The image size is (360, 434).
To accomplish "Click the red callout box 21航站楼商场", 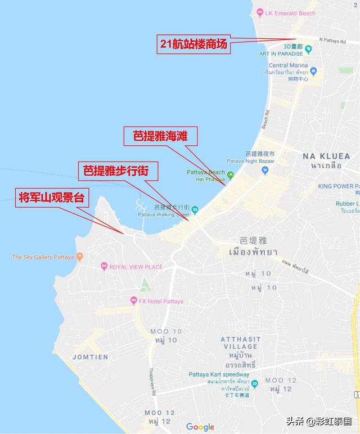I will point(193,44).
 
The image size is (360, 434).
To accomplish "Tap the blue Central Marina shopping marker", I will point(313,71).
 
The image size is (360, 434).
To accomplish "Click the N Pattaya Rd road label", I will point(339,39).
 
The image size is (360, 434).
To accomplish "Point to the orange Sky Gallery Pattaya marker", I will point(79,257).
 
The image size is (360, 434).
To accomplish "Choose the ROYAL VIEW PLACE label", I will point(136,267).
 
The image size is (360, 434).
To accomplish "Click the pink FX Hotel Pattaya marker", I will point(134,301).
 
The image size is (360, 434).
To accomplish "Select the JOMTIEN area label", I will point(90,357).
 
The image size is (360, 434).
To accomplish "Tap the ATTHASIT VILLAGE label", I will point(240,343).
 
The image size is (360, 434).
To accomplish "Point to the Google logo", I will point(200,427).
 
